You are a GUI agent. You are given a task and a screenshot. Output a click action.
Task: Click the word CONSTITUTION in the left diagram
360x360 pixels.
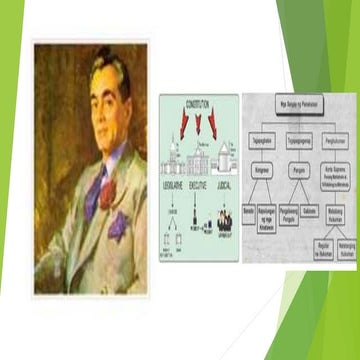pos(199,105)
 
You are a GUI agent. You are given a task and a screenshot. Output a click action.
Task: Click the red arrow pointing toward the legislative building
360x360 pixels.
pos(184,124)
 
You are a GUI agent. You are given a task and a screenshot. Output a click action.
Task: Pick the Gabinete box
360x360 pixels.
pos(311,212)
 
